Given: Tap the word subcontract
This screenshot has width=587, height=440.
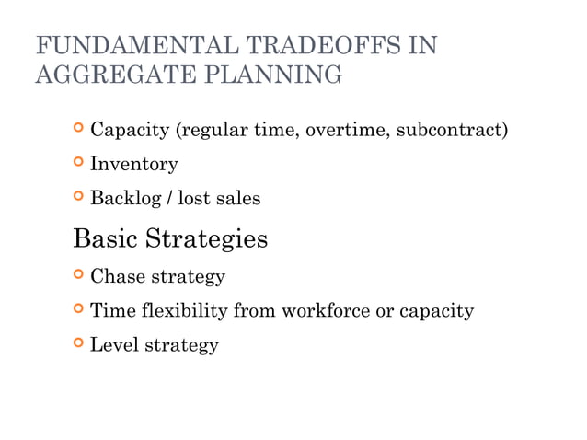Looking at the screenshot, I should (452, 131).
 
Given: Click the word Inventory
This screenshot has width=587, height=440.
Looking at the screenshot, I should (133, 165).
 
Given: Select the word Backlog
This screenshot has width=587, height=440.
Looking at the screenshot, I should (125, 198).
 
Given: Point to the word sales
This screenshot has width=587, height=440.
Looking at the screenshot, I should (238, 198).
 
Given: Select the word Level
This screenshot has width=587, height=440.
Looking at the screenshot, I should (114, 345).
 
